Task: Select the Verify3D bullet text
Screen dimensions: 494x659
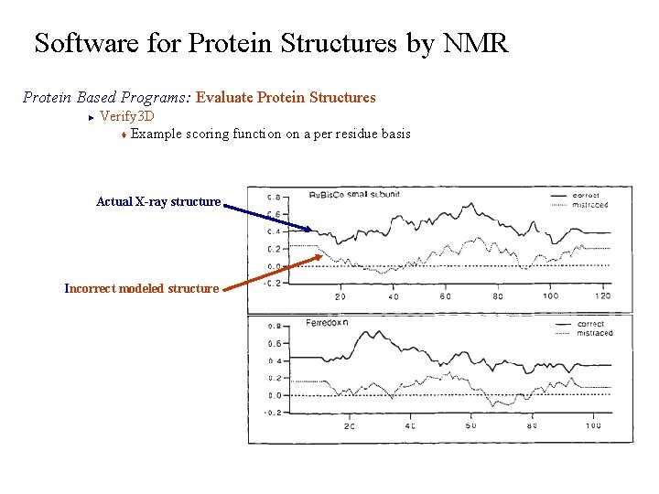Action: click(x=126, y=116)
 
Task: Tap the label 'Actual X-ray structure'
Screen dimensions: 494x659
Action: click(x=158, y=201)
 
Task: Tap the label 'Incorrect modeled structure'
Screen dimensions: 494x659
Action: click(x=142, y=288)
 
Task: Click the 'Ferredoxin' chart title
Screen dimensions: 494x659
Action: click(x=328, y=324)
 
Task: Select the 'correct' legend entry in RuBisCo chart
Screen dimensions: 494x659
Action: click(x=587, y=195)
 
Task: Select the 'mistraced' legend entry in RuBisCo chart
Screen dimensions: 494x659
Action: click(x=590, y=205)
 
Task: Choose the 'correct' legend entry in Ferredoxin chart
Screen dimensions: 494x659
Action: click(x=591, y=324)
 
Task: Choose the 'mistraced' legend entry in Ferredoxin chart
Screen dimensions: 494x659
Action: click(x=595, y=334)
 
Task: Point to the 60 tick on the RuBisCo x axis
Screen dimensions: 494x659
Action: click(x=445, y=296)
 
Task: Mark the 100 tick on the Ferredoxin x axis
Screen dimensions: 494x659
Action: click(x=592, y=425)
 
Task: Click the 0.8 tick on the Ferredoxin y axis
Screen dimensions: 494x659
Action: click(x=274, y=327)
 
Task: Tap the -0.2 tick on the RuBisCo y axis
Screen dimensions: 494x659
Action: click(x=273, y=284)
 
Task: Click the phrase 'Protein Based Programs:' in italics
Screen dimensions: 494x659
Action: click(x=107, y=97)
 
